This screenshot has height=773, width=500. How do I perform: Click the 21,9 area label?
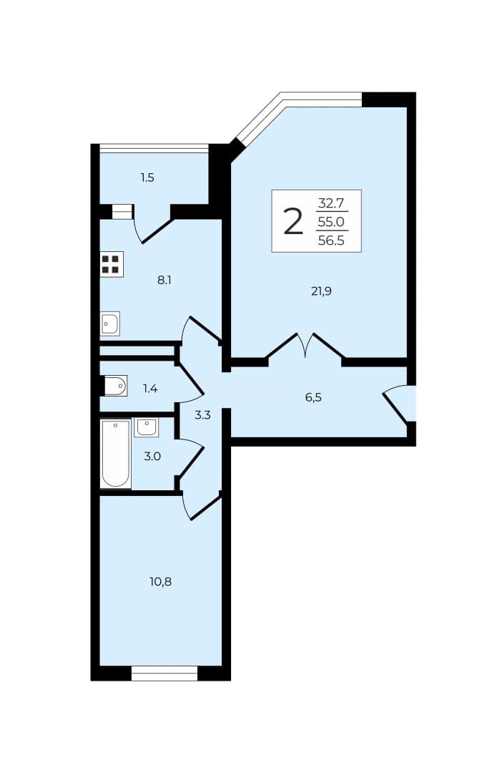[321, 291]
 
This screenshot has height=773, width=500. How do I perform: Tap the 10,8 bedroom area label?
[161, 582]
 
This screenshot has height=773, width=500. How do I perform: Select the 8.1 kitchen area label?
[164, 281]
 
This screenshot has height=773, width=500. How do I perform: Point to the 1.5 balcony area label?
[147, 178]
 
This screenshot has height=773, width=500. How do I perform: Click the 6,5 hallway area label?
[313, 397]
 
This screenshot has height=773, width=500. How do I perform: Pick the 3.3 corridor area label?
[202, 415]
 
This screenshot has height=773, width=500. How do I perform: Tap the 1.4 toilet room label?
[150, 389]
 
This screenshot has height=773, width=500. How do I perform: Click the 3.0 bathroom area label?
[152, 457]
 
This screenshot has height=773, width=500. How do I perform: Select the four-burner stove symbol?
[112, 264]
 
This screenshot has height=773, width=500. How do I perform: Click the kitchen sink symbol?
[110, 324]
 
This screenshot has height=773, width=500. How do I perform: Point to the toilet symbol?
[115, 386]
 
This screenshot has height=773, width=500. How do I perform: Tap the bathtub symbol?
[116, 454]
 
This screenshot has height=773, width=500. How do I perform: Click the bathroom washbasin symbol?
[147, 427]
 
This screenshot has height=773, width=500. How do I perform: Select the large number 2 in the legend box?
[293, 221]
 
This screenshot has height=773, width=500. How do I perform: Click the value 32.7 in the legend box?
[331, 203]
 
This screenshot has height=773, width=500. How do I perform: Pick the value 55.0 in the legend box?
[331, 222]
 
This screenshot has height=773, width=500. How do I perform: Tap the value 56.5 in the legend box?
[331, 240]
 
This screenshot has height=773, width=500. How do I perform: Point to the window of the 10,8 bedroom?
[165, 674]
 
